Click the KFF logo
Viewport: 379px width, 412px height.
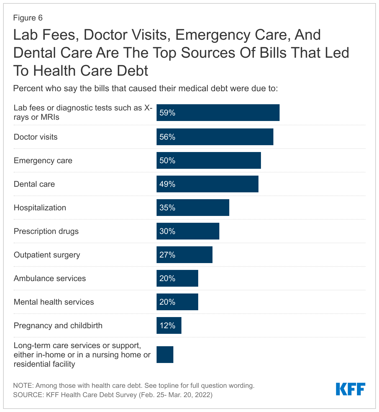click(350, 389)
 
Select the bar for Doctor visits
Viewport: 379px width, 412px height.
click(215, 137)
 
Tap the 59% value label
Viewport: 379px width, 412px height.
click(167, 113)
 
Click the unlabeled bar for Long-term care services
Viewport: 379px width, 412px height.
click(165, 355)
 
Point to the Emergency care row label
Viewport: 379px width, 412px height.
click(43, 160)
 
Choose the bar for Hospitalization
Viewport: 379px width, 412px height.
click(193, 208)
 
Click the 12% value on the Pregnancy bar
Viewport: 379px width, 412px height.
click(167, 325)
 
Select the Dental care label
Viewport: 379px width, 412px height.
click(34, 184)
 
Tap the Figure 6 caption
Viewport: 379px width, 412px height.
click(28, 18)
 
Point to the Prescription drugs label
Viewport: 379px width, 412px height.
click(46, 231)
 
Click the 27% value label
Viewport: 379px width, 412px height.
click(167, 255)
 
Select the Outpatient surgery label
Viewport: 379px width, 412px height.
click(47, 255)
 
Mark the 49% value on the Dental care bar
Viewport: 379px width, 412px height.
click(167, 184)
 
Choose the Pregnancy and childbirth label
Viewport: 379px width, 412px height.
click(58, 325)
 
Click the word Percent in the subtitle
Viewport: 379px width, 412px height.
click(28, 88)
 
